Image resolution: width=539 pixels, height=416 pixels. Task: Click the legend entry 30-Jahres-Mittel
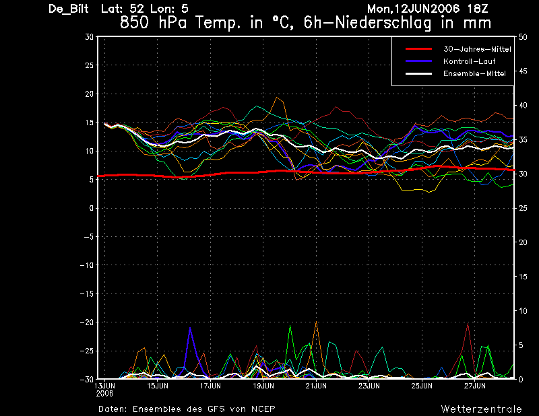click(477, 49)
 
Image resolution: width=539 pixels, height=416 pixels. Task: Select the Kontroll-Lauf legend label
click(469, 61)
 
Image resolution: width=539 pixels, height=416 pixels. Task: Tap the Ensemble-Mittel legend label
click(474, 73)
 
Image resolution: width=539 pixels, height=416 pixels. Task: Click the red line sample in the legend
click(418, 49)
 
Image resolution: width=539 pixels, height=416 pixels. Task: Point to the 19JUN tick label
click(263, 386)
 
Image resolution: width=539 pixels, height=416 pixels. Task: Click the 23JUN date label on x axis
click(369, 386)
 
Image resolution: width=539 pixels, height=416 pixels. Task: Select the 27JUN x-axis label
click(475, 386)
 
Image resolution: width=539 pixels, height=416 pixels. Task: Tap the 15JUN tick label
click(158, 386)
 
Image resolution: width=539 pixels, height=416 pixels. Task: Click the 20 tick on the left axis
click(89, 94)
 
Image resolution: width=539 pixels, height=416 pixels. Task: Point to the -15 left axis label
click(87, 293)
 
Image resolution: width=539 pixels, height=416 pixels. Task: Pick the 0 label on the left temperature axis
click(92, 208)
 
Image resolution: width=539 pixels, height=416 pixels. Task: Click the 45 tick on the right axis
click(523, 71)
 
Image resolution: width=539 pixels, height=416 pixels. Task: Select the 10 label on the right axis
click(523, 311)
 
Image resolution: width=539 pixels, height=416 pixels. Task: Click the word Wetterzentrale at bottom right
click(481, 409)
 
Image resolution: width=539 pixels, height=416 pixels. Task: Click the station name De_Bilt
click(69, 9)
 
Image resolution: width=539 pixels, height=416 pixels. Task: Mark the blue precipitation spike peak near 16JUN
click(190, 328)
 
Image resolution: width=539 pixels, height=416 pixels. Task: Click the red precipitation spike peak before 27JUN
click(468, 323)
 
